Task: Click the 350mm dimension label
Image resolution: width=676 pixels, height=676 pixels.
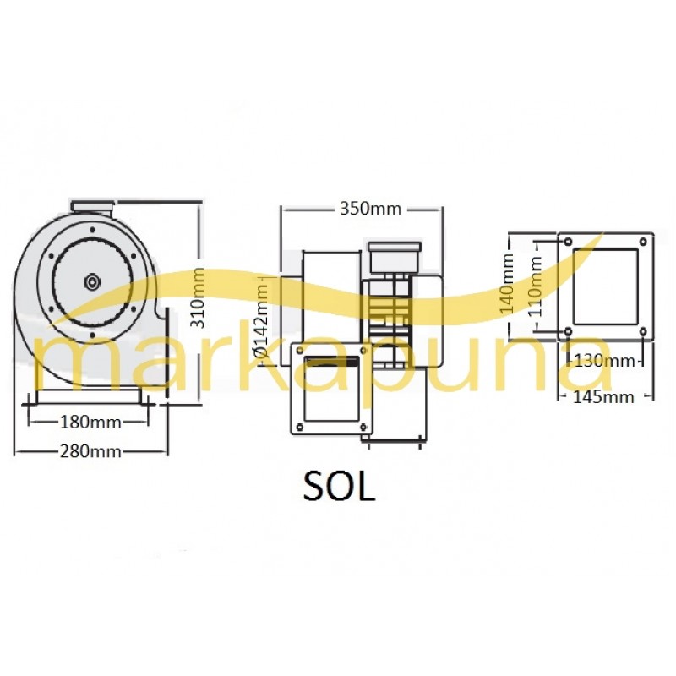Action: [x=370, y=209]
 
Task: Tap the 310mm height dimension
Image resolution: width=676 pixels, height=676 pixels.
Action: [x=198, y=298]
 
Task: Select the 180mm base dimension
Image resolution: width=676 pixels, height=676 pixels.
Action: [x=90, y=422]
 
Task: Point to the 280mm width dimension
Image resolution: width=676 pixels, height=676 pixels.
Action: [x=90, y=451]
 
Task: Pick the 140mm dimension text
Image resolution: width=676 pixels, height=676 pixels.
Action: [x=507, y=283]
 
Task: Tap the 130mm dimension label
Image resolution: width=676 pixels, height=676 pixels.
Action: [x=604, y=361]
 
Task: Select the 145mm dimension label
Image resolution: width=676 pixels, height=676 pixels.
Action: [x=603, y=396]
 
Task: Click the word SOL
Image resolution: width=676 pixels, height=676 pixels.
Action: [x=339, y=488]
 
